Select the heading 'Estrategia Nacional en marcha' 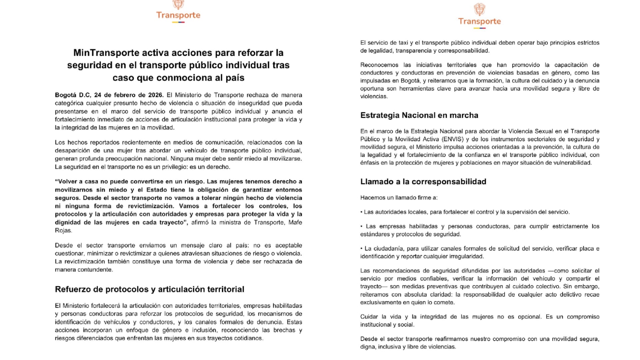[419, 115]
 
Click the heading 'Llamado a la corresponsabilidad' [423, 182]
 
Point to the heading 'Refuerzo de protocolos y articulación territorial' [149, 289]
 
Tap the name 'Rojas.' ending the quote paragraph [63, 231]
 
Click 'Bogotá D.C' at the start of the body [72, 95]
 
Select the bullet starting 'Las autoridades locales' [465, 212]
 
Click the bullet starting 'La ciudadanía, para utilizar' [479, 252]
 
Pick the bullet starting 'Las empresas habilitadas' [479, 230]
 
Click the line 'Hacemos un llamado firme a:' [399, 198]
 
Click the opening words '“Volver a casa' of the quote [75, 182]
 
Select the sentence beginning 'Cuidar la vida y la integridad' [479, 320]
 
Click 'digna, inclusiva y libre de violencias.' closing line [408, 347]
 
